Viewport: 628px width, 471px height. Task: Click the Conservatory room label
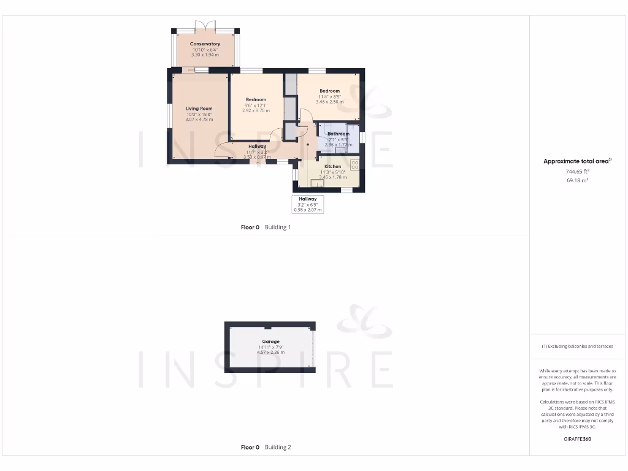(205, 44)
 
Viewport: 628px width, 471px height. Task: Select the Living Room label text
(199, 109)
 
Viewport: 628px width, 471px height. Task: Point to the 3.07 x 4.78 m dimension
(199, 119)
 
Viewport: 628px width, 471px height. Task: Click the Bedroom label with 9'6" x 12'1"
(256, 100)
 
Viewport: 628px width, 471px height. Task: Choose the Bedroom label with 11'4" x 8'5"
(329, 91)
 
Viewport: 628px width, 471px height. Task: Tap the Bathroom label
(338, 134)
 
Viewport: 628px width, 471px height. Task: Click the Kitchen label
(332, 167)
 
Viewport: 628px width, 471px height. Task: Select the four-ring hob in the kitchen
(354, 164)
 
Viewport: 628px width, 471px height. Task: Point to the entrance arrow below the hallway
(258, 163)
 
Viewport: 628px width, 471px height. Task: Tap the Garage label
(270, 342)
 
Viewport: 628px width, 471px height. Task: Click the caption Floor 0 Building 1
(266, 227)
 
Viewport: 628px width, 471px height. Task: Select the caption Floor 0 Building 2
(266, 448)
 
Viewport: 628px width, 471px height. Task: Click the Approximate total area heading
(576, 161)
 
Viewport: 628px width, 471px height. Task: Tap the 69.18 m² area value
(576, 180)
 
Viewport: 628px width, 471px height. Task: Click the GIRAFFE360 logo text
(576, 439)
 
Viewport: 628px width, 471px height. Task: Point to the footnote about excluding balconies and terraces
(576, 347)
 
